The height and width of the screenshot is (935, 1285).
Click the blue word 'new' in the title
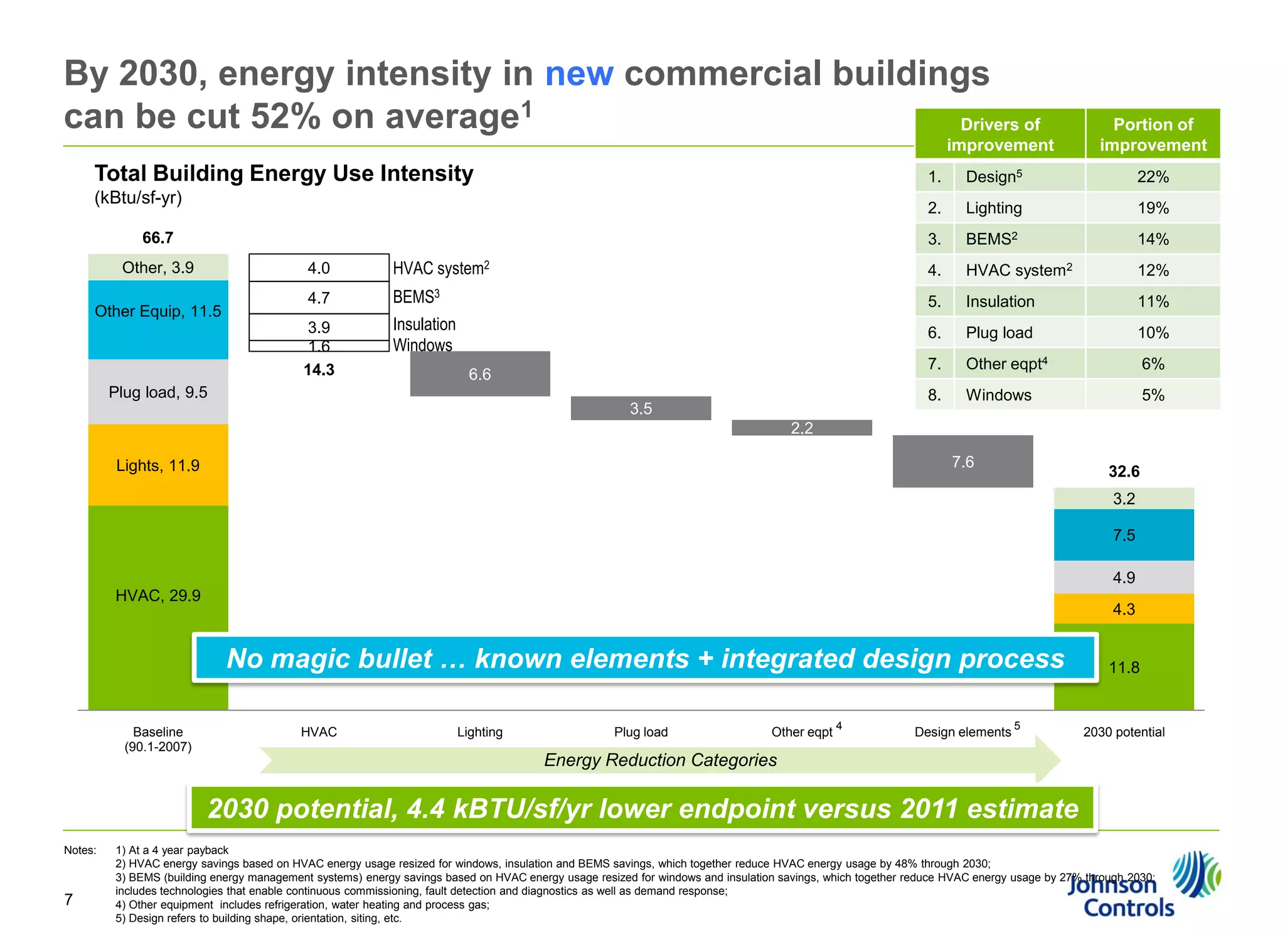click(579, 74)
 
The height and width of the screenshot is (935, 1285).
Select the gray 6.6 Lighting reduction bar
click(480, 374)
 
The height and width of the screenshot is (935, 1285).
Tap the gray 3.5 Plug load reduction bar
click(641, 408)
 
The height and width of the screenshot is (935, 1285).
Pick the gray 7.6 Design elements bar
click(962, 462)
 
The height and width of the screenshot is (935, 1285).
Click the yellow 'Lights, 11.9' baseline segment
click(158, 465)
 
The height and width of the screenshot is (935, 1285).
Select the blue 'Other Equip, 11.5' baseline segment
click(158, 320)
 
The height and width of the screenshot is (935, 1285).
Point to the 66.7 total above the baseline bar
click(157, 238)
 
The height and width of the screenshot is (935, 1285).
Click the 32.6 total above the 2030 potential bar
click(1124, 472)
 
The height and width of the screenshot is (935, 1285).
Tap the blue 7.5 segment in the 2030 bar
click(1124, 535)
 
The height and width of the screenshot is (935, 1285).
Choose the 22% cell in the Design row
click(1153, 177)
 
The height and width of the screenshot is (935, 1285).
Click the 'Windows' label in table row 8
click(998, 395)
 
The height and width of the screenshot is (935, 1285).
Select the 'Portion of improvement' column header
click(1153, 134)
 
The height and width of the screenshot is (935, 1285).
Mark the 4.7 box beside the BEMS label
click(319, 298)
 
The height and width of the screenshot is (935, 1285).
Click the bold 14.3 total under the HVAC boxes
click(319, 370)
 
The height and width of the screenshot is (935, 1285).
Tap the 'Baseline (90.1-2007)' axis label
click(158, 739)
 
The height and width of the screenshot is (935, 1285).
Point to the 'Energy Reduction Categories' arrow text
click(660, 760)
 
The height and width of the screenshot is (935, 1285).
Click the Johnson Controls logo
click(1142, 885)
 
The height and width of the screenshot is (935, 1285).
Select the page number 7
click(69, 899)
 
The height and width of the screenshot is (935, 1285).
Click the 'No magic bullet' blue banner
click(645, 658)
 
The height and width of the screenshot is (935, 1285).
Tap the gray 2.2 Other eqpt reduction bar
click(801, 428)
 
